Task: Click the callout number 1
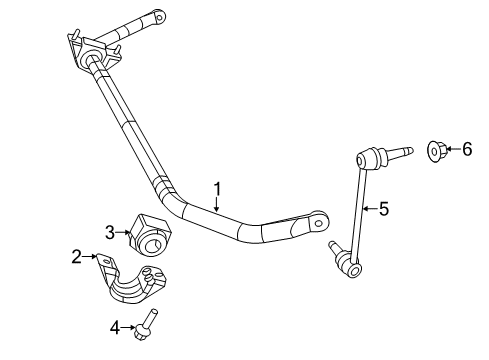(x=217, y=187)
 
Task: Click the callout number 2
(x=77, y=257)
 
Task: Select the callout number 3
(x=112, y=233)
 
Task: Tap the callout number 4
(x=116, y=325)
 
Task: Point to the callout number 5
(x=384, y=209)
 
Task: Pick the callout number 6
(x=466, y=149)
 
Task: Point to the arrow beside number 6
(x=452, y=150)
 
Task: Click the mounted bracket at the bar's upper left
(x=90, y=51)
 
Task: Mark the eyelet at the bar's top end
(x=159, y=16)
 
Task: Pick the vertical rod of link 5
(x=359, y=210)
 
